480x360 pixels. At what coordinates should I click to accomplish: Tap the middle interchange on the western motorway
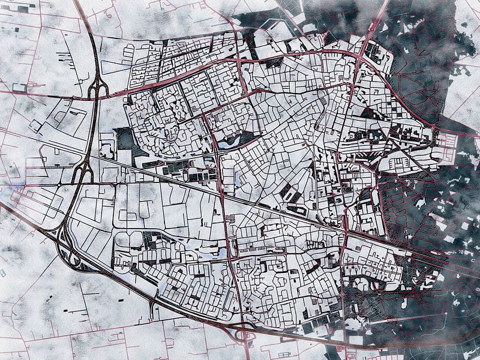click(x=82, y=172)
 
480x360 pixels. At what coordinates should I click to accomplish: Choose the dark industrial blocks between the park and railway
click(x=180, y=171)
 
